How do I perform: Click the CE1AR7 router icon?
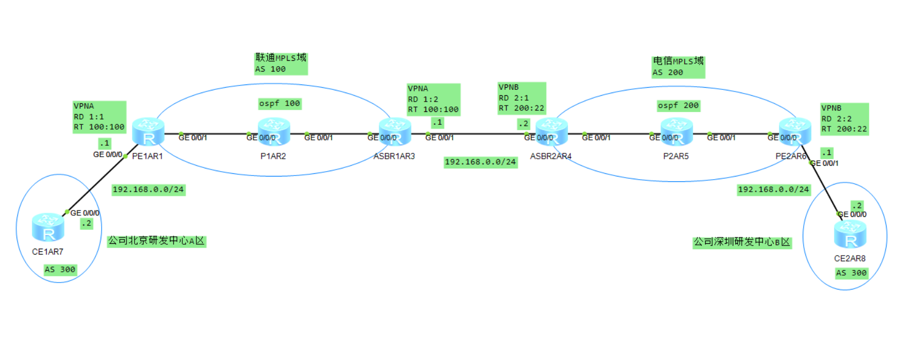pyautogui.click(x=48, y=227)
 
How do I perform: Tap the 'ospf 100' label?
pyautogui.click(x=280, y=103)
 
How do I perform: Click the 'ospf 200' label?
pyautogui.click(x=678, y=105)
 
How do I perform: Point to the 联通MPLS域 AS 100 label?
pyautogui.click(x=281, y=63)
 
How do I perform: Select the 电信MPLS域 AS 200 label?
pyautogui.click(x=678, y=67)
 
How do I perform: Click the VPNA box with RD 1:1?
pyautogui.click(x=100, y=117)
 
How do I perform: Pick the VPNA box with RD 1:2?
pyautogui.click(x=434, y=100)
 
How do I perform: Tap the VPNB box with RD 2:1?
pyautogui.click(x=522, y=98)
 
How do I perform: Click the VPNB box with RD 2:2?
pyautogui.click(x=844, y=119)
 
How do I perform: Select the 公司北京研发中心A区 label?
pyautogui.click(x=157, y=241)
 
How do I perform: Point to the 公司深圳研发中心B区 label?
pyautogui.click(x=742, y=242)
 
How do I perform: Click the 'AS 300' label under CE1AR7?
pyautogui.click(x=60, y=270)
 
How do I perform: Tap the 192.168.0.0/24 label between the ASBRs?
pyautogui.click(x=480, y=162)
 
